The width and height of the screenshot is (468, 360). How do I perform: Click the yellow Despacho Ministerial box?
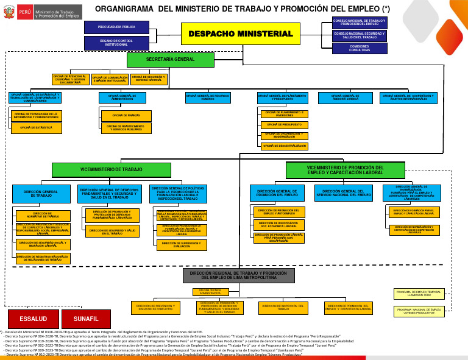click(x=240, y=34)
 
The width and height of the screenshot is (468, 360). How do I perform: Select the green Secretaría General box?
click(x=171, y=60)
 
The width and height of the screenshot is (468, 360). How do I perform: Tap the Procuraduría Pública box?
click(x=116, y=27)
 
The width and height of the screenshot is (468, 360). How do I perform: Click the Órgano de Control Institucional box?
click(x=116, y=43)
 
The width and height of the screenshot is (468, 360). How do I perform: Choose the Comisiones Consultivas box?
click(x=359, y=48)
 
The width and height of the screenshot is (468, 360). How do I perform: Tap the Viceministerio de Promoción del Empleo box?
click(x=345, y=170)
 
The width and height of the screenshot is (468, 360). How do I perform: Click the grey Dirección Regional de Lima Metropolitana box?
click(x=238, y=275)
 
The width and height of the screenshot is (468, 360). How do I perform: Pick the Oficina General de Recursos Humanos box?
click(x=208, y=97)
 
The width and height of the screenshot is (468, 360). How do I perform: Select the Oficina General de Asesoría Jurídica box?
click(x=345, y=97)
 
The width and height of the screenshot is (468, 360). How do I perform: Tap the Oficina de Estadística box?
click(x=37, y=128)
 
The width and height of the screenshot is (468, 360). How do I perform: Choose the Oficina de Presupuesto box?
click(x=284, y=124)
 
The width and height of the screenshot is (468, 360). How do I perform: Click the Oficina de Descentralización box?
click(x=284, y=146)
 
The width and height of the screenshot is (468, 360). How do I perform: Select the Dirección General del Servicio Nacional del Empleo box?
click(x=344, y=194)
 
